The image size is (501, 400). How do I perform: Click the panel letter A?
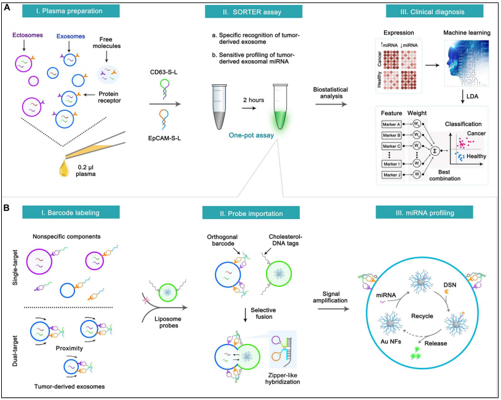tap(7, 8)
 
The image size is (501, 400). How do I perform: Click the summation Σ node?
tap(436, 150)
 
